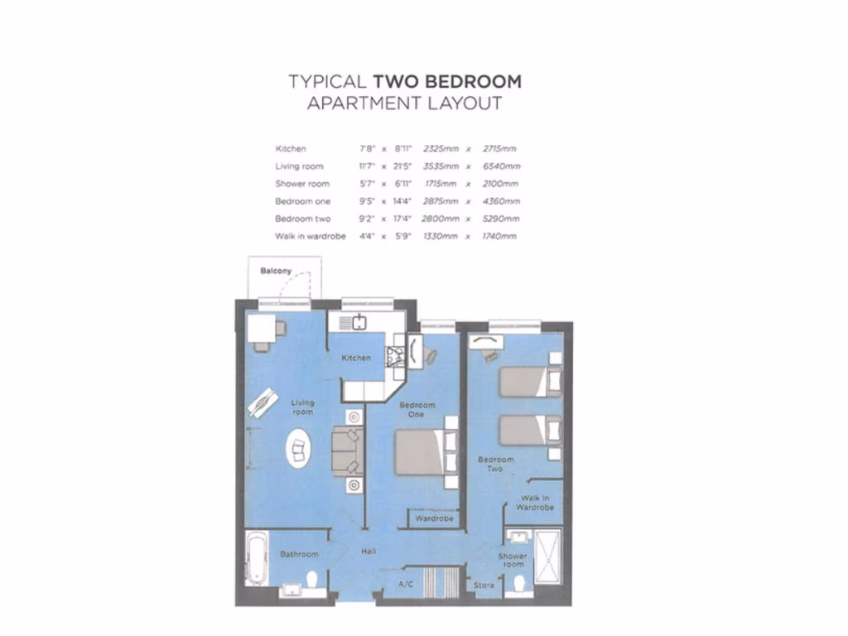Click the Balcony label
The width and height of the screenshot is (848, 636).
[x=276, y=272]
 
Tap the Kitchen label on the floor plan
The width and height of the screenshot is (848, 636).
[x=356, y=359]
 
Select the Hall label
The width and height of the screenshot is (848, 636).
[x=370, y=552]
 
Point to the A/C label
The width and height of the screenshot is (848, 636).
[x=406, y=584]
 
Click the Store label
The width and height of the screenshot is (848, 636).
[x=484, y=585]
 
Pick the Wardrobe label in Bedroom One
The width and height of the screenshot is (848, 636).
[x=434, y=519]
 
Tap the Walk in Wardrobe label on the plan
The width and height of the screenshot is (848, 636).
[x=535, y=502]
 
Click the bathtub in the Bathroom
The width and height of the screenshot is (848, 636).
[x=257, y=557]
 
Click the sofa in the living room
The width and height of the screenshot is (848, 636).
[x=345, y=450]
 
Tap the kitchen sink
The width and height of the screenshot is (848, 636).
[x=359, y=322]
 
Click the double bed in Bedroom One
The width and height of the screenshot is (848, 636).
[x=420, y=451]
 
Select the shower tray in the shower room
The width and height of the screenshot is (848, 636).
[x=547, y=555]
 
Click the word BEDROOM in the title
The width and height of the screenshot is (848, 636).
[x=447, y=81]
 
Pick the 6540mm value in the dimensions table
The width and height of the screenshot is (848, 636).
[x=501, y=166]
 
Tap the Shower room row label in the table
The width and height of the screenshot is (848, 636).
[x=302, y=184]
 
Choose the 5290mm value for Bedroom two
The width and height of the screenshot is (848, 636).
[x=501, y=219]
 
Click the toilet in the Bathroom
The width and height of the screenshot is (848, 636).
[x=312, y=579]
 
